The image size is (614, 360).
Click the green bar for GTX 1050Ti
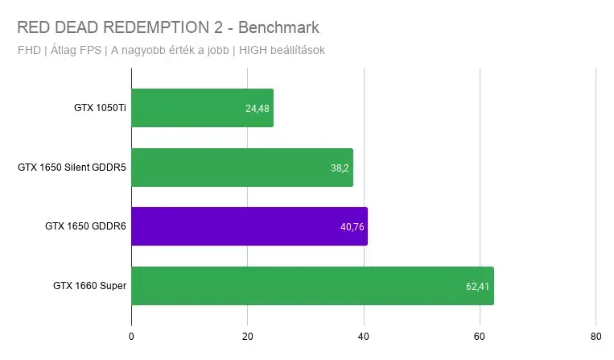203,108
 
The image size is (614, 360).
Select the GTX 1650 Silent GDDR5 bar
242,168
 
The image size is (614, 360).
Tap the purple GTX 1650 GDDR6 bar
249,226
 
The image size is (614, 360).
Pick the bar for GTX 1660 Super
312,286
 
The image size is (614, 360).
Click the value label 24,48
258,109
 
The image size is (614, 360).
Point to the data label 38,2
340,168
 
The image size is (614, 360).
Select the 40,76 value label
352,227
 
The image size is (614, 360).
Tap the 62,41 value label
477,287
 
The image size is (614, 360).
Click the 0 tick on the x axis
131,337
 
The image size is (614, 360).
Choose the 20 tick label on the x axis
248,337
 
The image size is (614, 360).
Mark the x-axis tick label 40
364,337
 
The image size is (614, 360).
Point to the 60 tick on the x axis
480,337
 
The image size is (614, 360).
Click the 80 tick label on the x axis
596,337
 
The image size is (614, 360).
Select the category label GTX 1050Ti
101,108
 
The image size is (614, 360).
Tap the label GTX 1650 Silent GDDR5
72,168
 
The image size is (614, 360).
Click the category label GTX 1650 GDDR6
86,226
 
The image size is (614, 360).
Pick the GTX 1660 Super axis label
90,286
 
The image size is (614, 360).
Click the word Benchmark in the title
278,27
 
